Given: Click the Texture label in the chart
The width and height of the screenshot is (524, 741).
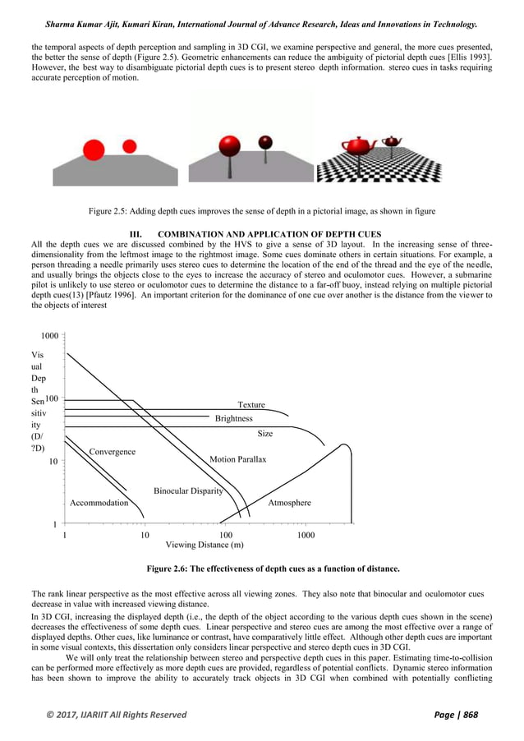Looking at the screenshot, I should click(x=251, y=405).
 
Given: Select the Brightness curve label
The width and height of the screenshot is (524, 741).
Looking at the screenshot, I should click(x=234, y=418).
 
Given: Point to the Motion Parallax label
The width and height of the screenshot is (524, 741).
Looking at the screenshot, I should click(x=238, y=459).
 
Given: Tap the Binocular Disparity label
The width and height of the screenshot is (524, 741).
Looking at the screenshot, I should click(x=188, y=490).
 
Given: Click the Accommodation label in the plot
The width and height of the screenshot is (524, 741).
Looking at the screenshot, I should click(x=99, y=503).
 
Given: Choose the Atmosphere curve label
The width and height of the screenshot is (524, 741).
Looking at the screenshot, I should click(x=290, y=503).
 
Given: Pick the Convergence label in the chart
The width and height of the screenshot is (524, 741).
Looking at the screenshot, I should click(x=113, y=452).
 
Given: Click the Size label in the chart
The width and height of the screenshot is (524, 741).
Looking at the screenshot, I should click(x=265, y=433).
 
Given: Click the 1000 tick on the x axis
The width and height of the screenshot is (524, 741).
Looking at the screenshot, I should click(x=306, y=536).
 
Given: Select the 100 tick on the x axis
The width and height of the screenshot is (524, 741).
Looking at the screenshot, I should click(x=225, y=536).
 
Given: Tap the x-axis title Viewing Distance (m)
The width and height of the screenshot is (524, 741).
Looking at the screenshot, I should click(x=205, y=545).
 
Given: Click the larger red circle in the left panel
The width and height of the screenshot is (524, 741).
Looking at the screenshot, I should click(x=94, y=150).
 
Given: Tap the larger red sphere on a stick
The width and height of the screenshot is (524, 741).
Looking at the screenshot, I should click(x=228, y=146).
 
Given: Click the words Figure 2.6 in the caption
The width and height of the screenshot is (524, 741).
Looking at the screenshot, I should click(x=169, y=568).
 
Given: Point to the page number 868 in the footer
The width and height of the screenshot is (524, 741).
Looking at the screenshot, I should click(x=471, y=715).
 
